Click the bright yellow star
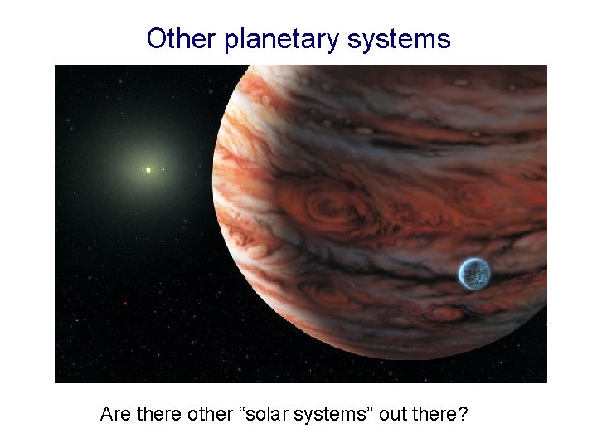coord(148,170)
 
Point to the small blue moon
coord(474,274)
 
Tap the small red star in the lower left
coord(125,304)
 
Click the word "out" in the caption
coord(394,412)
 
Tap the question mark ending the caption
coord(462,412)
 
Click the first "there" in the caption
coord(155,412)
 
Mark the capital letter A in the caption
coord(107,412)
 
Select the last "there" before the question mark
coord(434,412)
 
